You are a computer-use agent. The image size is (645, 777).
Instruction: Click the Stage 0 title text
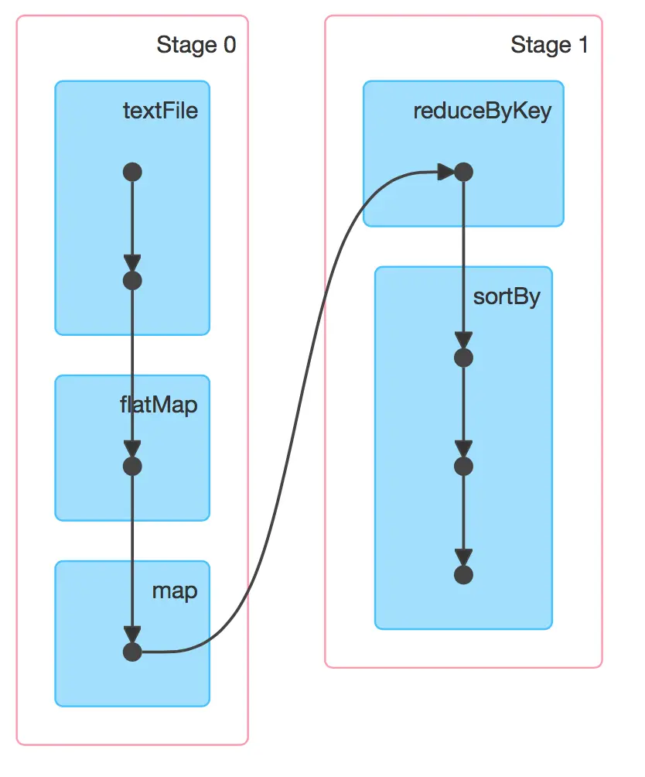[x=196, y=45]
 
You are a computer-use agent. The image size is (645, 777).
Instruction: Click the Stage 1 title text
[x=549, y=45]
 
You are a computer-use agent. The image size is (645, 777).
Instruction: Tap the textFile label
[x=160, y=111]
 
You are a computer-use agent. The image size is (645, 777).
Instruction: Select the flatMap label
[x=159, y=405]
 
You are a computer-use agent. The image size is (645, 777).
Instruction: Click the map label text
[x=174, y=591]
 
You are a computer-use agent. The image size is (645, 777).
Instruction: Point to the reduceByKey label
[x=482, y=111]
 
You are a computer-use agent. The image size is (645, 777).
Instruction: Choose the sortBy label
[x=507, y=297]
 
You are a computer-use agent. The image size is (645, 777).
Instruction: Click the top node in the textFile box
[x=132, y=172]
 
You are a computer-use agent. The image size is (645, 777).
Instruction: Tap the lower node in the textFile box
[x=132, y=280]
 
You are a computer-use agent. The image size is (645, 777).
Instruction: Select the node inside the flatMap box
[x=132, y=466]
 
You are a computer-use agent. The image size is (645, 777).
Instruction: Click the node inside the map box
[x=132, y=652]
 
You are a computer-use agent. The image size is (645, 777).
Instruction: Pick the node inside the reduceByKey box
[x=462, y=172]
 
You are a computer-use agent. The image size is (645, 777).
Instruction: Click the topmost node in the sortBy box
[x=462, y=358]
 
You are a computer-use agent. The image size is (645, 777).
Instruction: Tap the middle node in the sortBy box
[x=462, y=466]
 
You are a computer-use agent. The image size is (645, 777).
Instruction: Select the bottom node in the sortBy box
[x=462, y=575]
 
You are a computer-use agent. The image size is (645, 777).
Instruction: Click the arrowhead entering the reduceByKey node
[x=445, y=172]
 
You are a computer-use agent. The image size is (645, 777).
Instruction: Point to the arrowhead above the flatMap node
[x=132, y=449]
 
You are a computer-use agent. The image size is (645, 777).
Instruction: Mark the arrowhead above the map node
[x=132, y=635]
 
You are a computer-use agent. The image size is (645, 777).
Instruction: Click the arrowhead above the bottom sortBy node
[x=462, y=557]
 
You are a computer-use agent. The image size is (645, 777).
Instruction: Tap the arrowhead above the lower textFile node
[x=132, y=263]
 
